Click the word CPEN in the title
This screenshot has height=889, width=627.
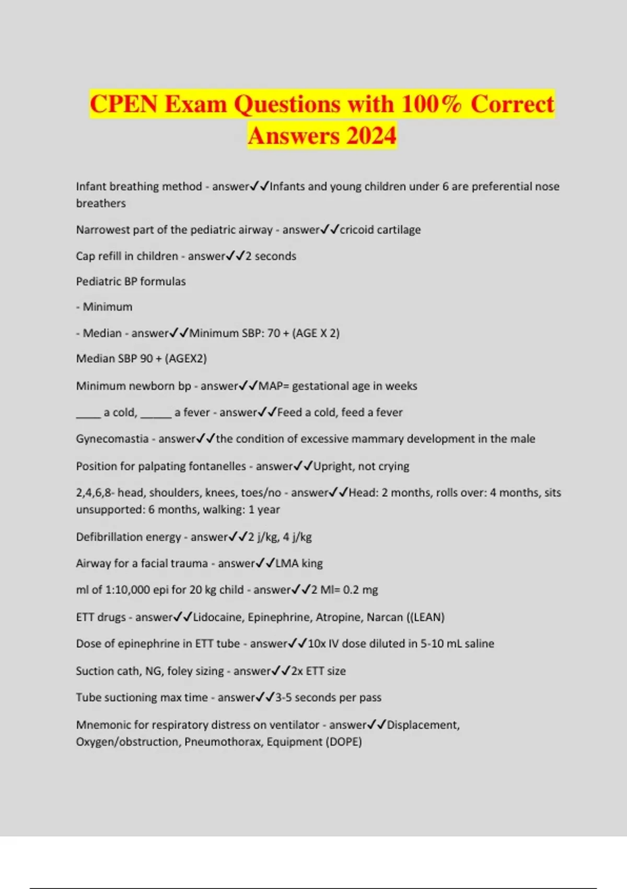[x=124, y=104]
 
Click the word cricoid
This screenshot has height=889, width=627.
[x=357, y=230]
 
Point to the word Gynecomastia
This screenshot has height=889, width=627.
[x=112, y=439]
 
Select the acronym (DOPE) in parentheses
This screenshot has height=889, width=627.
[x=343, y=742]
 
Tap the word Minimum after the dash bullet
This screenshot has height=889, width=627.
[x=108, y=307]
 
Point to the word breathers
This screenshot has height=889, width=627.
[x=101, y=203]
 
